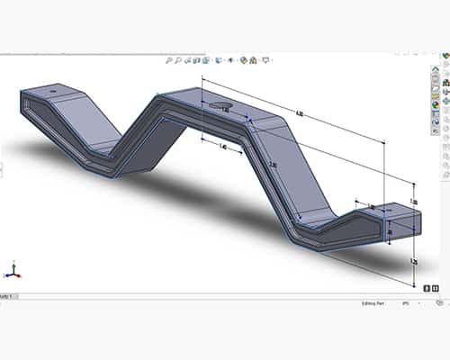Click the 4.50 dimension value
[x=300, y=113]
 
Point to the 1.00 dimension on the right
[x=412, y=200]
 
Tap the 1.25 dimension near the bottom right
[x=413, y=260]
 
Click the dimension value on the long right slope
[x=272, y=164]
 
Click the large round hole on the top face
[x=220, y=106]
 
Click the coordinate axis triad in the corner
[x=12, y=270]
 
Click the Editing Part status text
[x=364, y=302]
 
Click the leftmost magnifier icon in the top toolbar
[x=169, y=60]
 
